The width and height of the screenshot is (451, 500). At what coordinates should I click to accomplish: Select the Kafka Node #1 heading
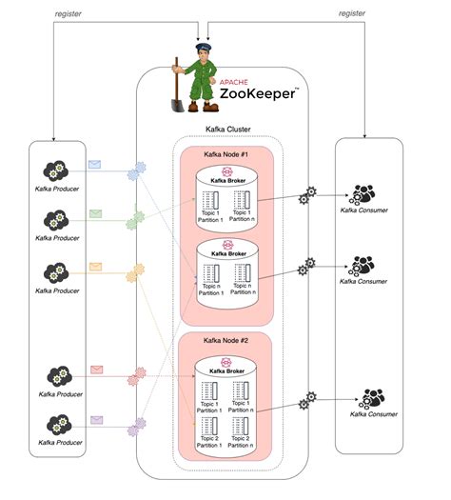227,154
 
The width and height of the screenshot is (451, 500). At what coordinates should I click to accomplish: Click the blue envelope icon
94,165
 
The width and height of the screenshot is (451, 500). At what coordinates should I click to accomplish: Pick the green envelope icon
95,213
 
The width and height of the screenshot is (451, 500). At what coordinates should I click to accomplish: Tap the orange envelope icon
95,266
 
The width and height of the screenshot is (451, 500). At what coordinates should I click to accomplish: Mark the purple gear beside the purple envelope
140,422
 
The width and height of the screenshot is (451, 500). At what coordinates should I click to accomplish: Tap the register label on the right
353,13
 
